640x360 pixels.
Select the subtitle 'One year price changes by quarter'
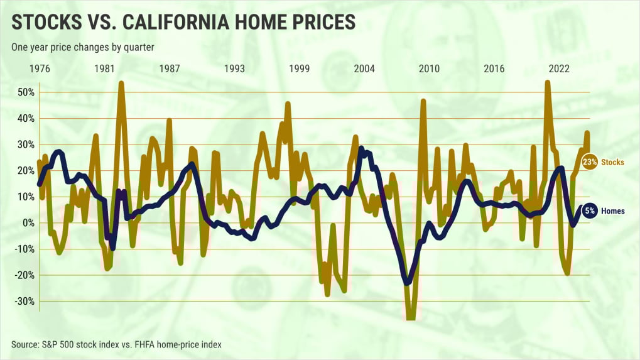coord(83,47)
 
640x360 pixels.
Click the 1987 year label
coord(170,68)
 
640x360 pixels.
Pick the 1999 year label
coord(300,68)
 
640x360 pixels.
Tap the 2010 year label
coord(429,68)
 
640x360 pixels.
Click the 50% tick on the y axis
coord(25,92)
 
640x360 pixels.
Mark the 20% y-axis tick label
coord(25,170)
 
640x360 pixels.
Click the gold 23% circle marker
coord(589,162)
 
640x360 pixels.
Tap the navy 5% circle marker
coord(590,211)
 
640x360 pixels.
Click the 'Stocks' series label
coord(612,162)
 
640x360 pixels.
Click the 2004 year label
coord(364,68)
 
